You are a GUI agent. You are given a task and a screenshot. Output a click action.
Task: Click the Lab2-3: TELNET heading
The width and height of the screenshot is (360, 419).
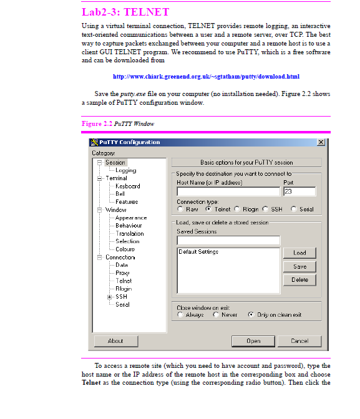(x=125, y=12)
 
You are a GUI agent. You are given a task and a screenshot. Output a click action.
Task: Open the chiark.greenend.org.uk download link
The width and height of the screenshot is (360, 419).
(x=206, y=77)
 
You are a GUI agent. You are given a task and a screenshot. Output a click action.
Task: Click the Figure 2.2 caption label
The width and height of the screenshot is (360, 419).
(x=118, y=123)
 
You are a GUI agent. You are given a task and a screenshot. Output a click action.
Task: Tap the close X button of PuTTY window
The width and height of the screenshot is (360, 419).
(x=321, y=142)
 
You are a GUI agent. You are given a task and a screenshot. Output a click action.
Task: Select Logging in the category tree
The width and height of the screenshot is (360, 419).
(x=125, y=170)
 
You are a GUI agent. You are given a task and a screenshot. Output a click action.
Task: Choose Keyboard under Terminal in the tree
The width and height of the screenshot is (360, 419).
(x=127, y=186)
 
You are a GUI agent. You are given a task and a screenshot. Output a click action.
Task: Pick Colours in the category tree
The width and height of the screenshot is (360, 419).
(x=125, y=249)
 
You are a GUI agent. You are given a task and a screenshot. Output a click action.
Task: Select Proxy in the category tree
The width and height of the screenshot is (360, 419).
(x=122, y=273)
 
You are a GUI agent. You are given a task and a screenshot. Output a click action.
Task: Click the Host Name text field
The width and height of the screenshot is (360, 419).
(x=228, y=191)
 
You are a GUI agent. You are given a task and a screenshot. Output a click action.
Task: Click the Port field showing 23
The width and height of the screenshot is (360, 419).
(x=299, y=191)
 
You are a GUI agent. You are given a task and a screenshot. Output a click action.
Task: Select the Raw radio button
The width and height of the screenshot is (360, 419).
(x=180, y=209)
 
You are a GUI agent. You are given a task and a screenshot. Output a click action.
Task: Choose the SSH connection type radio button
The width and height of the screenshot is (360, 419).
(x=265, y=209)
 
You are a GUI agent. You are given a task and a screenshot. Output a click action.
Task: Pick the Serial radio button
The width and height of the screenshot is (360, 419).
(x=294, y=209)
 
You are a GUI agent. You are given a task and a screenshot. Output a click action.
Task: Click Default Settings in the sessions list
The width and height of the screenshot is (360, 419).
(x=198, y=252)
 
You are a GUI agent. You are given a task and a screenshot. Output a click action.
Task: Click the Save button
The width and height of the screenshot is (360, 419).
(x=299, y=266)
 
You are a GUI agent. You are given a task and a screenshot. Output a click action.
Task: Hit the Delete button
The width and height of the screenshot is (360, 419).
(x=299, y=280)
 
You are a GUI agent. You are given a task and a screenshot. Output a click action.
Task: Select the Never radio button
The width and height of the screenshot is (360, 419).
(x=216, y=315)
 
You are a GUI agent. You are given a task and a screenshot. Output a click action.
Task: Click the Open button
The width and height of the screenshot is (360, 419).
(x=253, y=341)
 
